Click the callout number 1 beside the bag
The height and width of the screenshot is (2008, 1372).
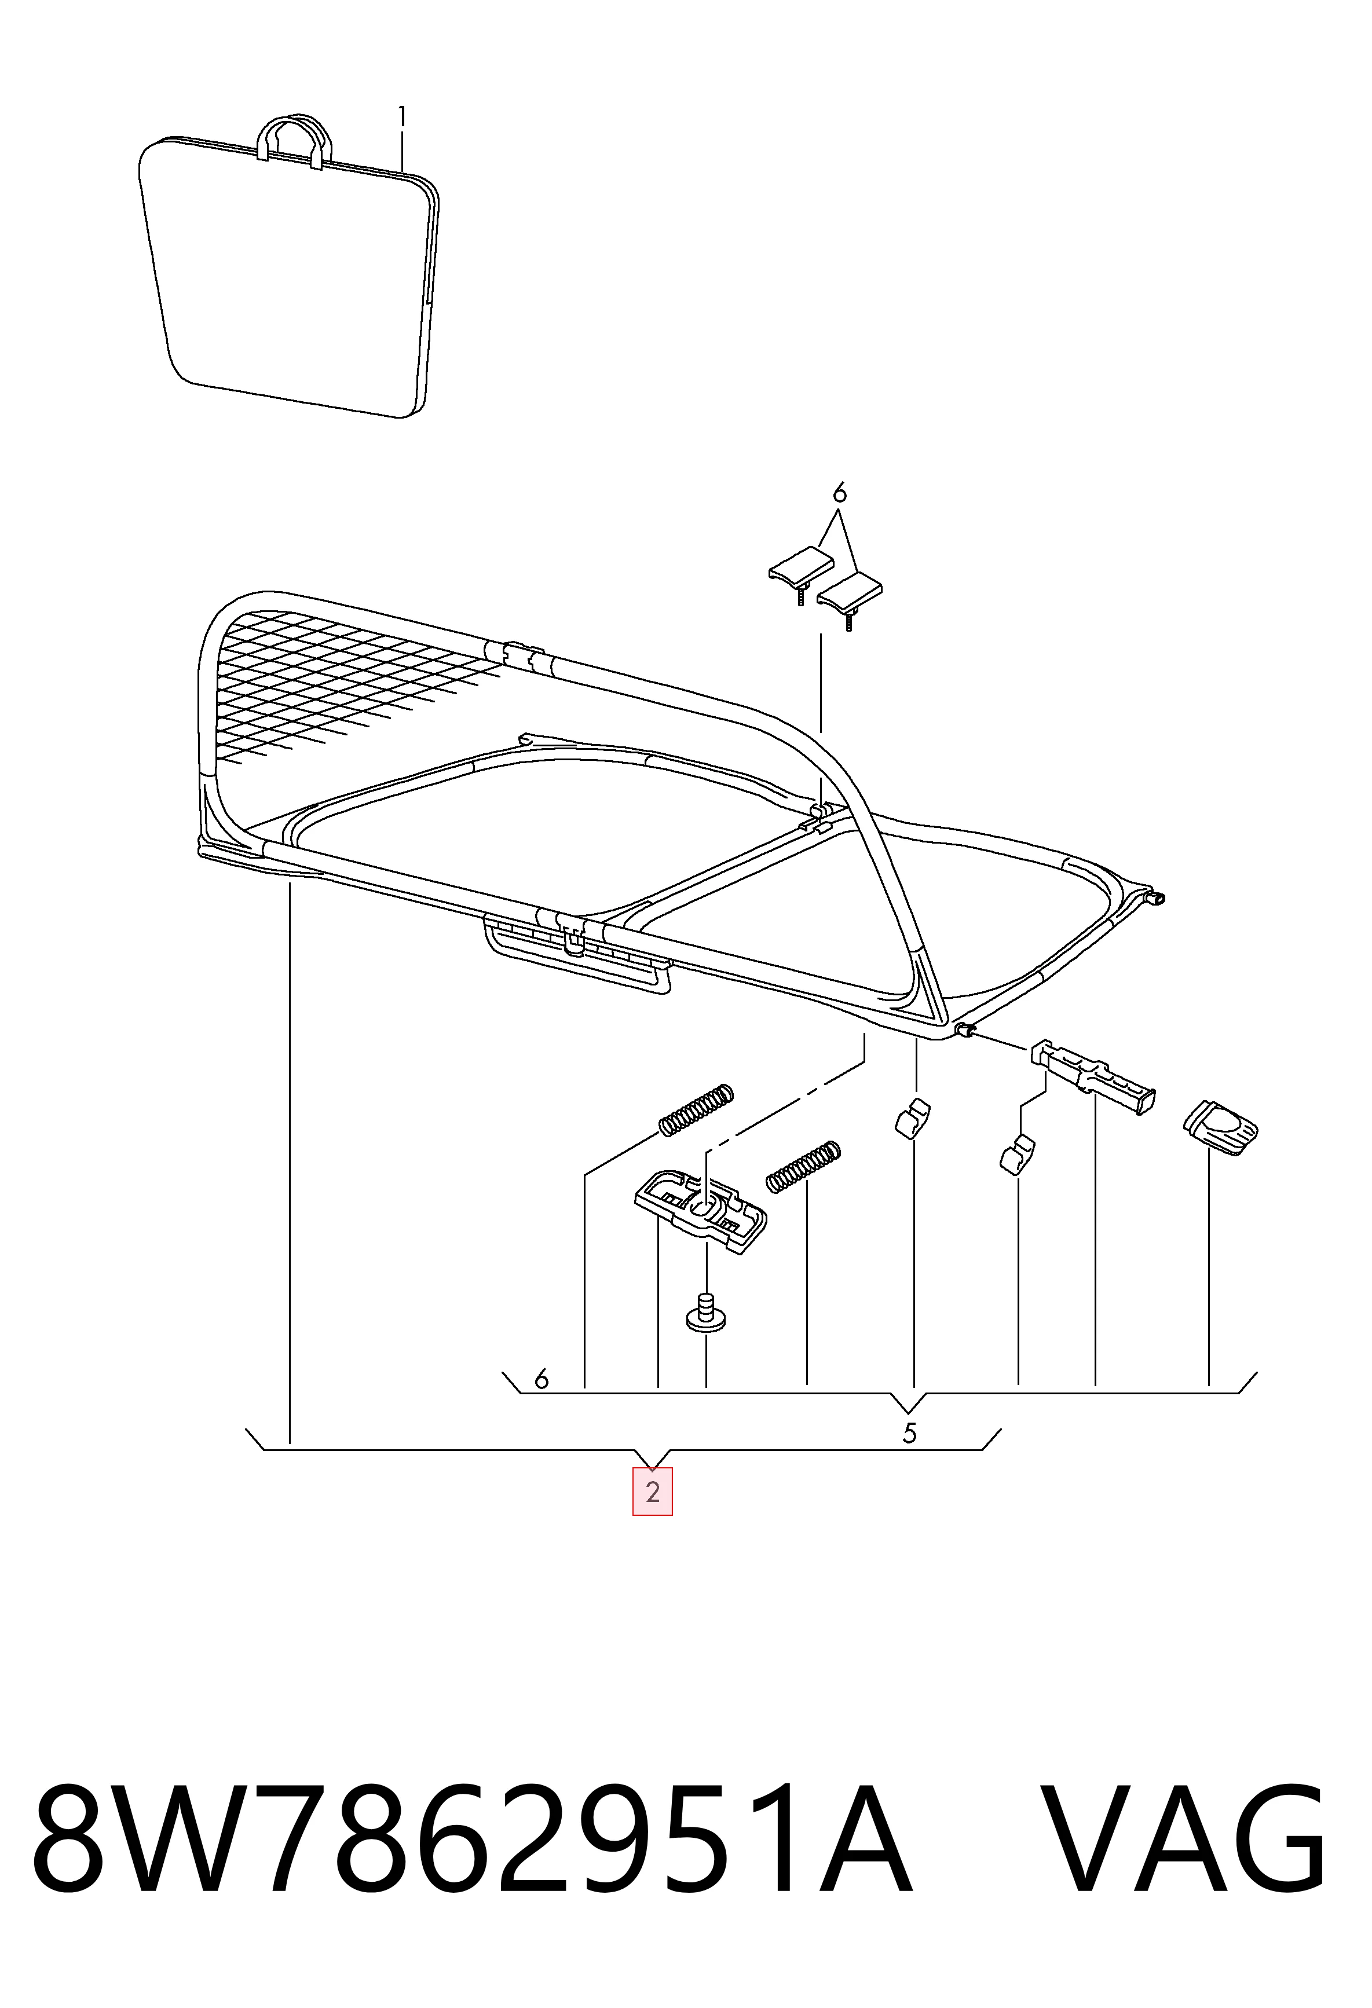pyautogui.click(x=402, y=116)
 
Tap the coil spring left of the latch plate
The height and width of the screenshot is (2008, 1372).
pyautogui.click(x=696, y=1109)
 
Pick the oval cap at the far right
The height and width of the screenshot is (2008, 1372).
pyautogui.click(x=1219, y=1126)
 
